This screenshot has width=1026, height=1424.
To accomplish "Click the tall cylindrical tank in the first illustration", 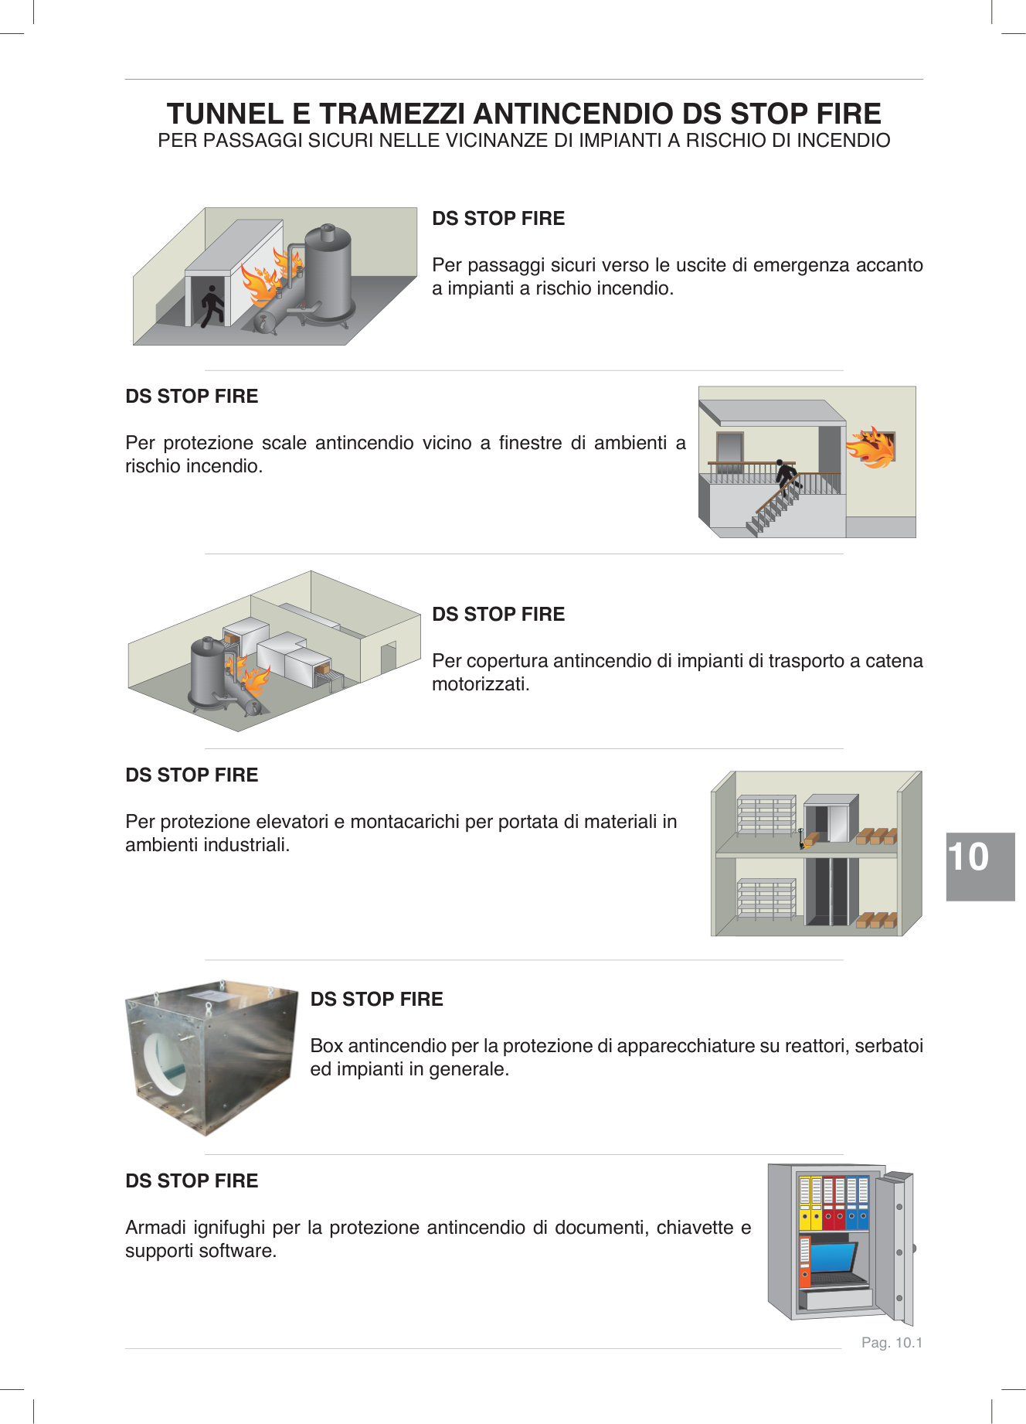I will (328, 271).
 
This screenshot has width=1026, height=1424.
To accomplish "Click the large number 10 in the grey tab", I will (968, 857).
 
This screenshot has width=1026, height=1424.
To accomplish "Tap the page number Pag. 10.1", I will (892, 1343).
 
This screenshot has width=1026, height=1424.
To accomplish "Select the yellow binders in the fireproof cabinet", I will (810, 1204).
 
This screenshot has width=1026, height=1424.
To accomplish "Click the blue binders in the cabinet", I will (858, 1204).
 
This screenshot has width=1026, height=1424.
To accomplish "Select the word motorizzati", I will (481, 684).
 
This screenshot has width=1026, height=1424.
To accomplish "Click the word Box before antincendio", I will (327, 1046).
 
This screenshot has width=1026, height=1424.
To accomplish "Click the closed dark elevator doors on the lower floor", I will (831, 891).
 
